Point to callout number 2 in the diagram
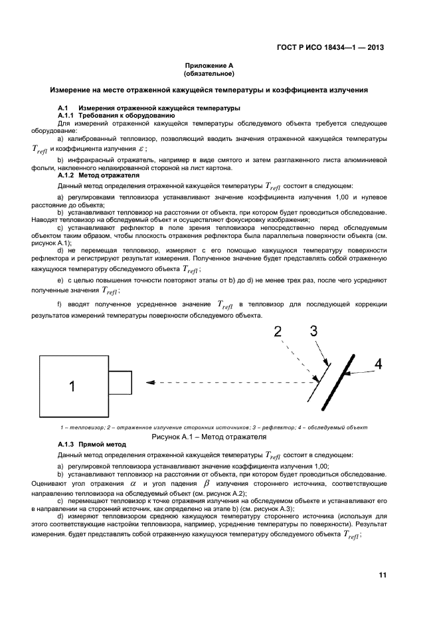pos(278,332)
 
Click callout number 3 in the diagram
pos(313,330)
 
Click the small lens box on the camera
pos(122,382)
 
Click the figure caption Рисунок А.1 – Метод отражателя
pos(209,437)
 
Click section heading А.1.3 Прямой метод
pos(92,445)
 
